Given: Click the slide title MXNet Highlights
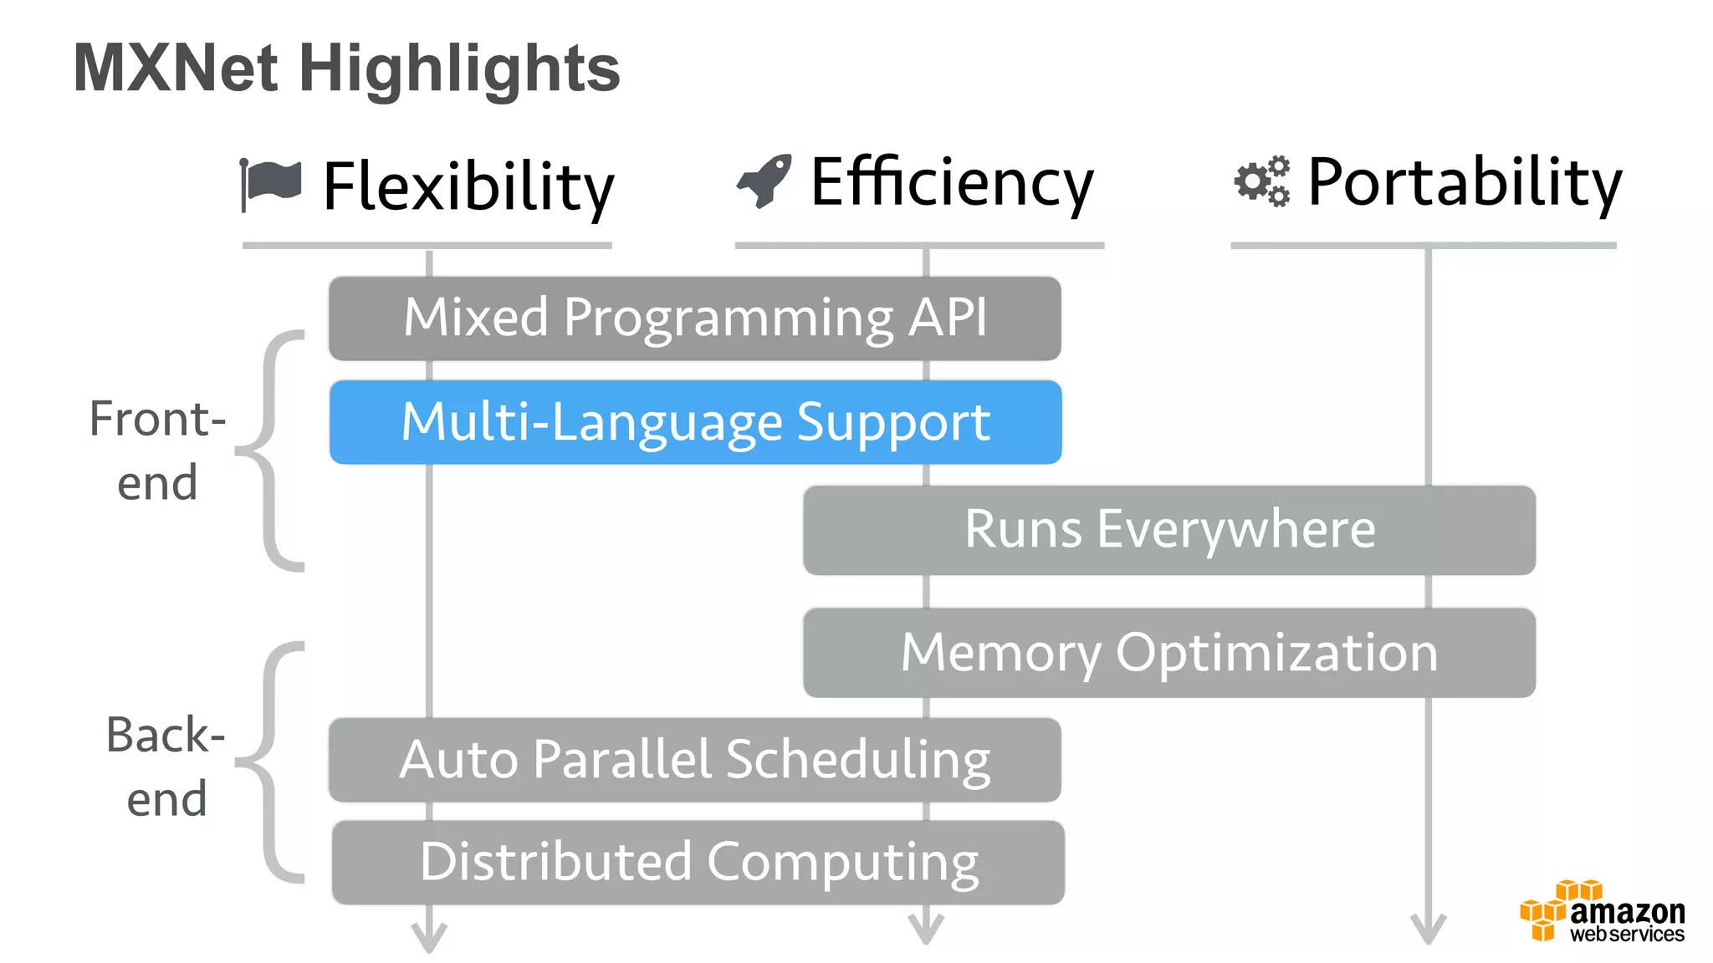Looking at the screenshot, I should [x=346, y=69].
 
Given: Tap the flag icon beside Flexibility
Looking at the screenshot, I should [x=271, y=183].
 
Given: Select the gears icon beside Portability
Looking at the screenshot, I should [x=1262, y=181].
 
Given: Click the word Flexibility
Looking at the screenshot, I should [x=468, y=186].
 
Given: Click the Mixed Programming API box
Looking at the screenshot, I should [x=694, y=318].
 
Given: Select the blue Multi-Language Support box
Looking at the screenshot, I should [x=695, y=422].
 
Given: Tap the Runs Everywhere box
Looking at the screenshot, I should [x=1168, y=530].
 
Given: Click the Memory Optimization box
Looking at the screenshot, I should [x=1168, y=653].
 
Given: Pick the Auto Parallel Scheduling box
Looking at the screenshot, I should [x=694, y=760].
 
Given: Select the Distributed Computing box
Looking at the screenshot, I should [x=698, y=863].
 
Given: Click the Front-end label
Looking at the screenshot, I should [x=157, y=451].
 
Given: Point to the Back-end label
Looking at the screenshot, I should [x=166, y=767].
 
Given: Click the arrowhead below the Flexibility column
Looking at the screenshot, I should [x=429, y=936].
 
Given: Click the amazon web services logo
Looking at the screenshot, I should [x=1602, y=913].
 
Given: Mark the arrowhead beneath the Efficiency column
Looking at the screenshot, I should [x=926, y=930].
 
